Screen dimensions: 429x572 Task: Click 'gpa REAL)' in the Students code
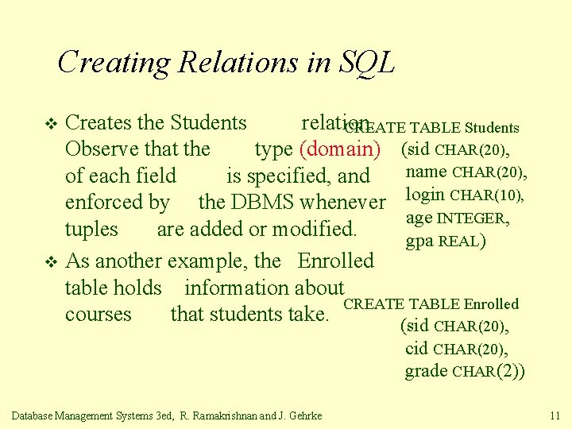pos(446,241)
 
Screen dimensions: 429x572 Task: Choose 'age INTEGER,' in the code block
pos(457,218)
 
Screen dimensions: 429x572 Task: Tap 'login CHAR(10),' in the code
pos(466,195)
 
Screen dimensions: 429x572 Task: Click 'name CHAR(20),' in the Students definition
pos(466,172)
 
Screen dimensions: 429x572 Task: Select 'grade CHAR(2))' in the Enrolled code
pos(465,371)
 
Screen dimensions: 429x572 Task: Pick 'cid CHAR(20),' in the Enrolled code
pos(457,349)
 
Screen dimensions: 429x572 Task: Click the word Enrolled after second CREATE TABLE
pos(491,303)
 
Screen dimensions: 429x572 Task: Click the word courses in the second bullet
pos(98,315)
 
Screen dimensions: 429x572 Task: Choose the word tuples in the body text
pos(91,230)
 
